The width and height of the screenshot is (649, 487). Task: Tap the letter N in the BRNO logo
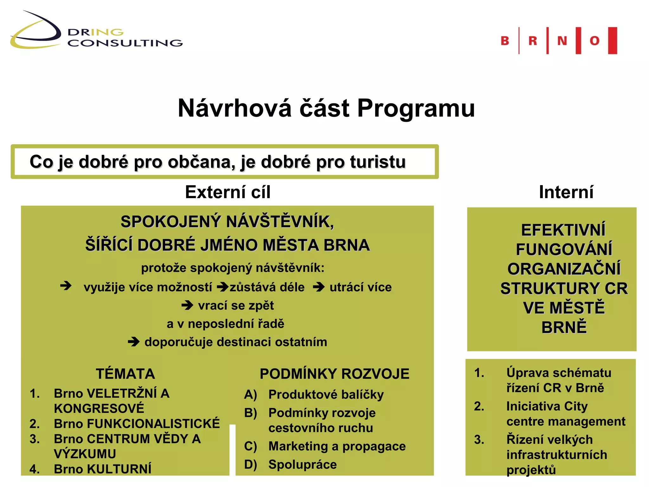(x=562, y=41)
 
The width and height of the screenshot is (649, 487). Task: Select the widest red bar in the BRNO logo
(x=613, y=41)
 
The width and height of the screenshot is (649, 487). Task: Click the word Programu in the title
(x=416, y=108)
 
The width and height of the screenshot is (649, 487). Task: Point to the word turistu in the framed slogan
(x=378, y=162)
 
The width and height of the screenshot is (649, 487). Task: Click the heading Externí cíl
(x=228, y=192)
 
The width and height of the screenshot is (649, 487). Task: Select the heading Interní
(x=566, y=192)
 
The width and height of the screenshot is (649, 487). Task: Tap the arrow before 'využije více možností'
(x=66, y=286)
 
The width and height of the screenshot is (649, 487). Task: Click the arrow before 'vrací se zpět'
(x=187, y=305)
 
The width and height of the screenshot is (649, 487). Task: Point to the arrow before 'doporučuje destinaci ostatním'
(x=134, y=342)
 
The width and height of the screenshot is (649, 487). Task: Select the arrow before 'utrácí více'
(x=319, y=287)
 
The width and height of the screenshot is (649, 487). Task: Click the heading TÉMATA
(x=125, y=374)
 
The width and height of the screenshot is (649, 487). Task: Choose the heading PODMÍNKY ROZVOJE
(x=334, y=374)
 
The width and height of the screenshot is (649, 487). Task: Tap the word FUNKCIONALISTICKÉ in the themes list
(x=153, y=424)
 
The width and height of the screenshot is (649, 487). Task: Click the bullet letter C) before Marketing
(x=250, y=446)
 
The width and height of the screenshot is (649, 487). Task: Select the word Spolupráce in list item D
(x=302, y=464)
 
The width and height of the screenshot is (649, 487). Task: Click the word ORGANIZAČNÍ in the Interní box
(x=564, y=269)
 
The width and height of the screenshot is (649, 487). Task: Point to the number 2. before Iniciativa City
(x=479, y=406)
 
